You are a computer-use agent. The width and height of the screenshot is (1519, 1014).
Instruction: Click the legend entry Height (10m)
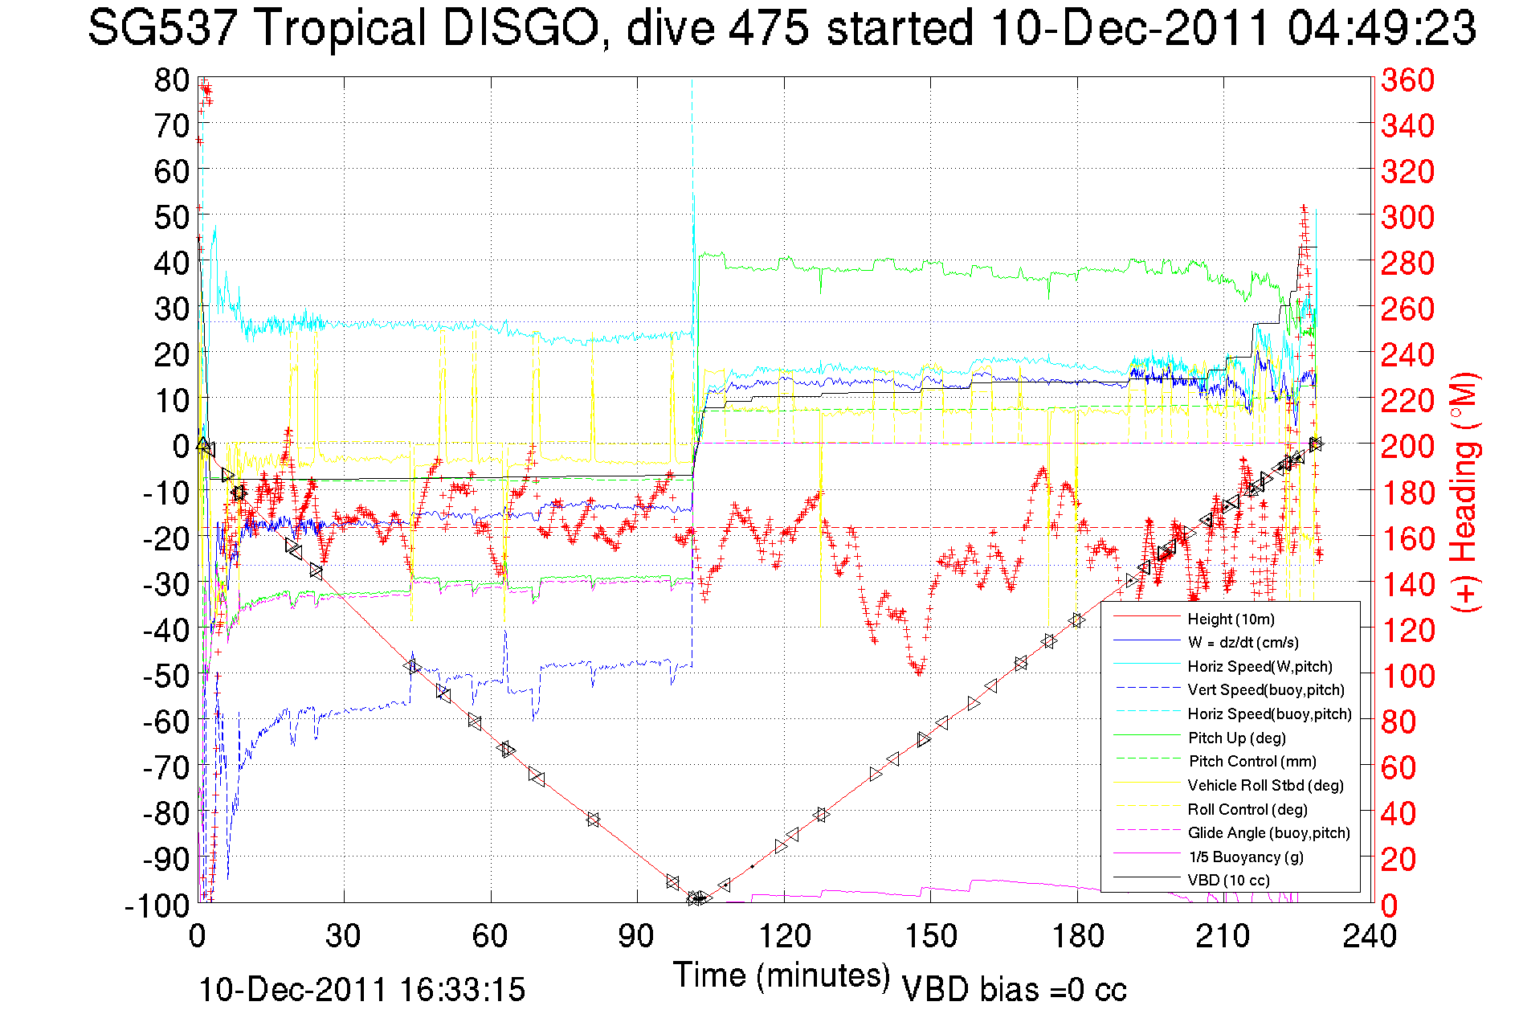pos(1231,619)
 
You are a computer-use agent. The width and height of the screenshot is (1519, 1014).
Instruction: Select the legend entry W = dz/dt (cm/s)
pos(1243,642)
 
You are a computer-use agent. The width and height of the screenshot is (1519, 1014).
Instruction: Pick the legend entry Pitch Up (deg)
pos(1236,738)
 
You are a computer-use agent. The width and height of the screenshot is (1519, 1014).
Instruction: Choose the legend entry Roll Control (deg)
pos(1247,809)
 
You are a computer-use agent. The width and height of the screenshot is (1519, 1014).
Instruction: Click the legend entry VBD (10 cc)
pos(1228,881)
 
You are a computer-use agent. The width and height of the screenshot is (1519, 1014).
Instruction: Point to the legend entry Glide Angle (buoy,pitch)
pos(1268,833)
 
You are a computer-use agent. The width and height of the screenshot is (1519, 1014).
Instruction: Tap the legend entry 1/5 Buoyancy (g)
pos(1246,857)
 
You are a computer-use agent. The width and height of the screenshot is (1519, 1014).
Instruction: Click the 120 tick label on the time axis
pos(784,936)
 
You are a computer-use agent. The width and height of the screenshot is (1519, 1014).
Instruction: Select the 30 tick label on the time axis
pos(343,936)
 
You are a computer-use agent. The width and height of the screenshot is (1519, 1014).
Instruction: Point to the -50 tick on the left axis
pos(166,676)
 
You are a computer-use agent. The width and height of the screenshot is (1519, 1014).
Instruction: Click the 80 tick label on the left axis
pos(171,80)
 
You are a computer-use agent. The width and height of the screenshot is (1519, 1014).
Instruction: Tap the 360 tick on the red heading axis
pos(1407,80)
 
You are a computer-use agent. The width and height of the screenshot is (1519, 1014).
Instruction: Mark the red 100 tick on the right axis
pos(1407,676)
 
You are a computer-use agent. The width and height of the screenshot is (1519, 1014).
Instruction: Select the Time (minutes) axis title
pos(781,975)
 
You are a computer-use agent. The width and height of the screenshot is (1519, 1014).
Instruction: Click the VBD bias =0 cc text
pos(1014,990)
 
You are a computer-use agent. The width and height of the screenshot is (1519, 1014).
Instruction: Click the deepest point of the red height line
pos(697,898)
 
